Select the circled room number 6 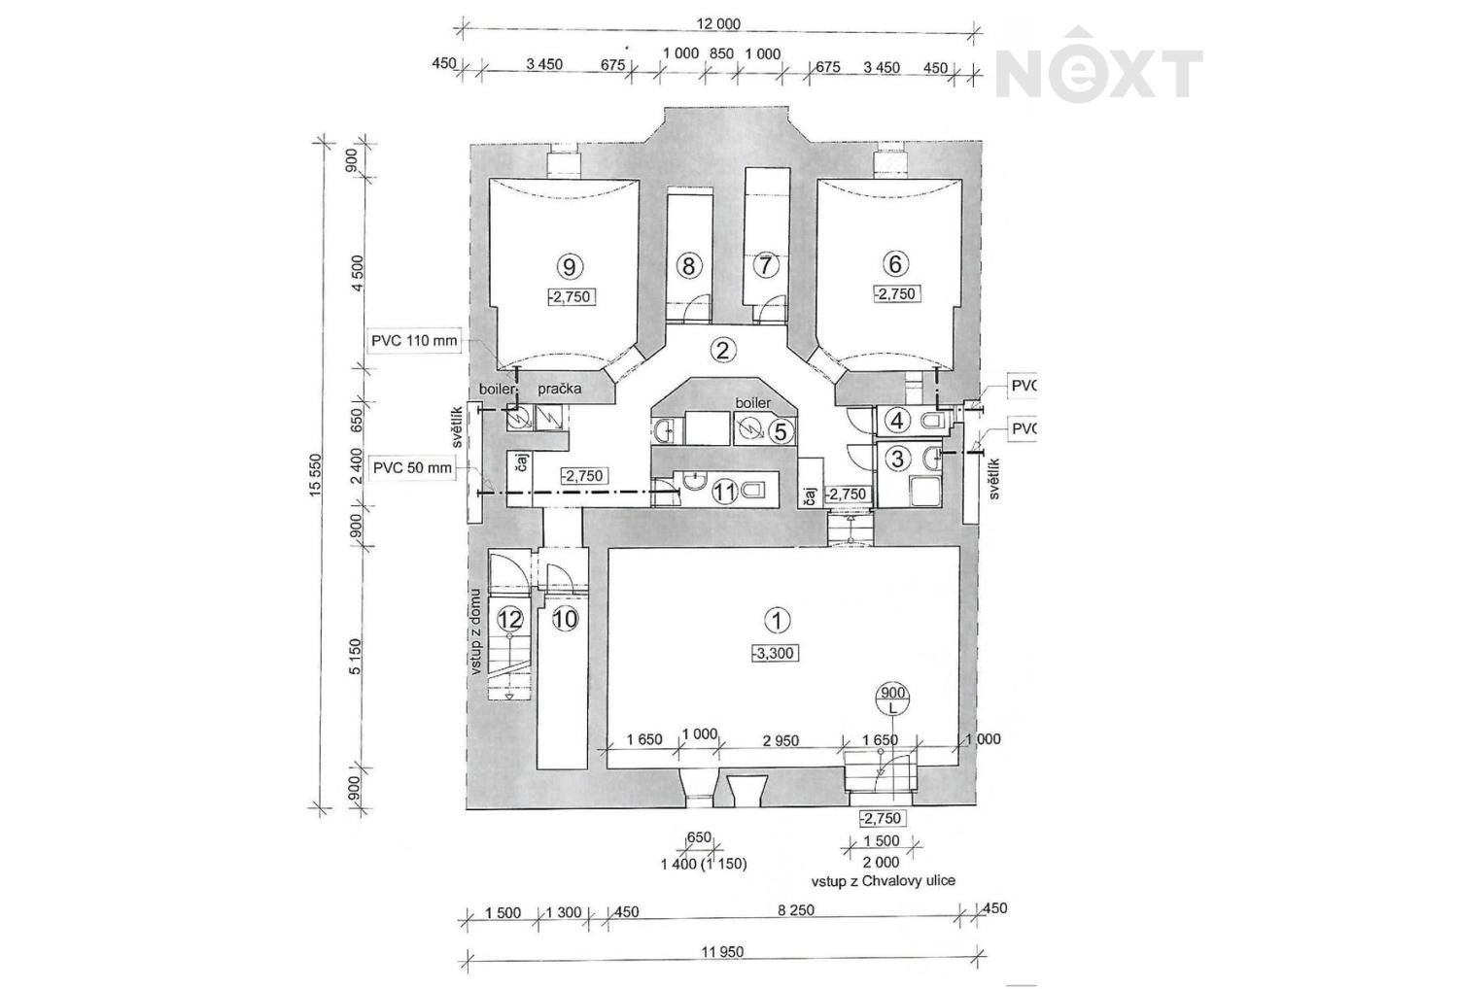(x=895, y=263)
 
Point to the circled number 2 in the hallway (x=721, y=351)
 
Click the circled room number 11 (x=724, y=492)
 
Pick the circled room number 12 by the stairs (x=510, y=619)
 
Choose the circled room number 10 (x=565, y=619)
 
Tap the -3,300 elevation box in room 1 (x=775, y=653)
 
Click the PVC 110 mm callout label (x=414, y=340)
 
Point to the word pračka (x=559, y=390)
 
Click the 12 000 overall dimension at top (x=718, y=24)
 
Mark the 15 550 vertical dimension (x=316, y=475)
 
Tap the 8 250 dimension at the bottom (x=796, y=909)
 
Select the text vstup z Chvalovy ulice (x=884, y=881)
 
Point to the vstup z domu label (x=477, y=631)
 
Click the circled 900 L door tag (x=892, y=700)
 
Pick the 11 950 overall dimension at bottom (x=722, y=951)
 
